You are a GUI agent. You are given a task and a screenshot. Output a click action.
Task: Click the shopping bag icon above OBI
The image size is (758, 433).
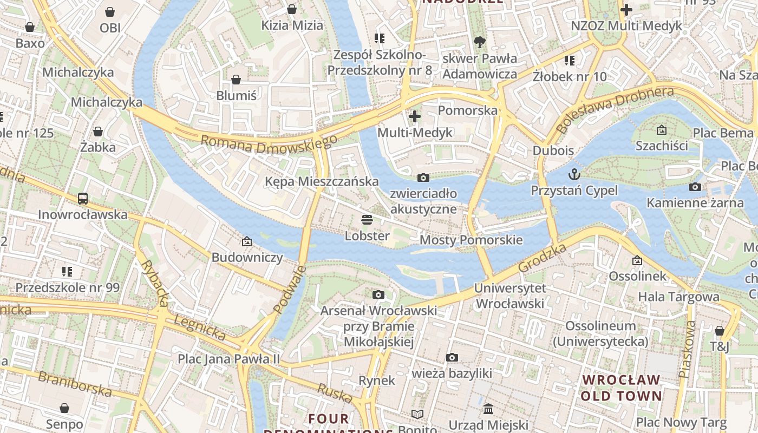[x=110, y=11]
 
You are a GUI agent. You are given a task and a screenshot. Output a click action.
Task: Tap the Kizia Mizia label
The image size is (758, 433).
[x=292, y=25]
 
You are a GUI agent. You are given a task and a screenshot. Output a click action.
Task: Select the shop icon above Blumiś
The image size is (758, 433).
[x=236, y=80]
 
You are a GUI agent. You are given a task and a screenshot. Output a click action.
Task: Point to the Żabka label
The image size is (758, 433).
[x=98, y=147]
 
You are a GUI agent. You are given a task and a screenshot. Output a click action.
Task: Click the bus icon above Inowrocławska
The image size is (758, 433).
[x=83, y=199]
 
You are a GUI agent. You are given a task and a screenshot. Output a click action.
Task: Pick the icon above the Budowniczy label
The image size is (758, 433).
[x=247, y=241]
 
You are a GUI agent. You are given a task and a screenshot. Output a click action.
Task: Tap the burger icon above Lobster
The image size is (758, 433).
[x=367, y=220]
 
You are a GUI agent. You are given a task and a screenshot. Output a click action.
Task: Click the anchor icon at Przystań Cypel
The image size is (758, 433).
[x=574, y=174]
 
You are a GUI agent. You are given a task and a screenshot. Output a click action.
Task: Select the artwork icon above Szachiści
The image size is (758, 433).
[x=661, y=130]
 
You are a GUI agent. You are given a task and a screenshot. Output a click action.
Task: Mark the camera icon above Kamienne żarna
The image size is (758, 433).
[x=695, y=187]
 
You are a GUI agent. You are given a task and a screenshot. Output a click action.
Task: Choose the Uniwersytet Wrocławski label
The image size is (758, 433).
[x=510, y=296]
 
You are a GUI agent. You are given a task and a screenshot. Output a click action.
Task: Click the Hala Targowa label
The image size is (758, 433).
[x=678, y=296]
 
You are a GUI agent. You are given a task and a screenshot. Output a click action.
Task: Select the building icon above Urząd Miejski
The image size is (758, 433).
[x=488, y=409]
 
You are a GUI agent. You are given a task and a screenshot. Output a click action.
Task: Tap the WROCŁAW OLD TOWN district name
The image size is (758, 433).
[x=622, y=388]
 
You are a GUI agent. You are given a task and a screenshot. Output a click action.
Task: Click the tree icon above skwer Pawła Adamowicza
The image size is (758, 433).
[x=479, y=42]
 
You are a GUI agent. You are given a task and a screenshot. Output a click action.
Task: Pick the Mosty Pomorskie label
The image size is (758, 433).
[x=471, y=240]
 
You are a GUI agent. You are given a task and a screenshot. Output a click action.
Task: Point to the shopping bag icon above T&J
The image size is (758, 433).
[x=719, y=331]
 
